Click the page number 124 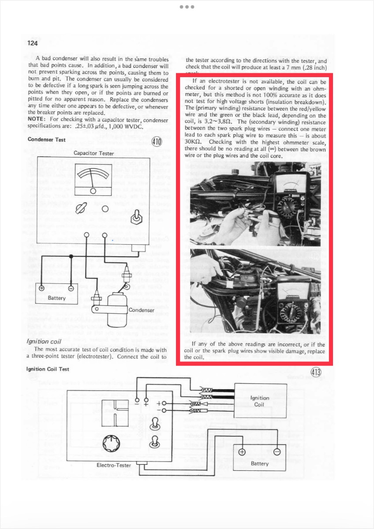(33, 43)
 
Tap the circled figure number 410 (157, 142)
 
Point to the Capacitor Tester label (94, 153)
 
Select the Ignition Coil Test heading (48, 369)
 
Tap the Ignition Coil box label (259, 401)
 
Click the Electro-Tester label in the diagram (114, 465)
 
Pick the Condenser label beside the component (141, 310)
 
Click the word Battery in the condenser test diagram (56, 298)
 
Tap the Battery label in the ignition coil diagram (259, 463)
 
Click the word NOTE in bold (37, 119)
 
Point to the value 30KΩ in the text (193, 142)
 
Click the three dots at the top (187, 7)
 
